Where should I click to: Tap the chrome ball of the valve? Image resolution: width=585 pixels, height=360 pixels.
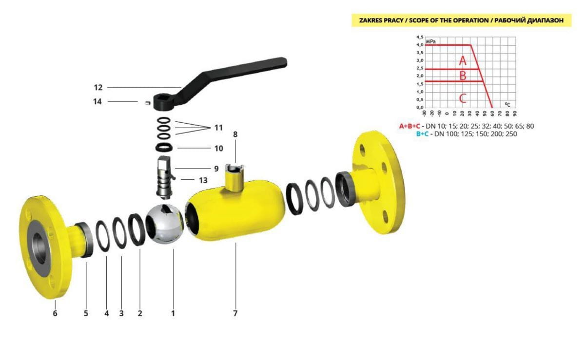click(x=165, y=224)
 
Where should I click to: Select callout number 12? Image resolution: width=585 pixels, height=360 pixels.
click(x=98, y=88)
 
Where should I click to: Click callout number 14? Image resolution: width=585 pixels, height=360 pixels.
click(x=97, y=101)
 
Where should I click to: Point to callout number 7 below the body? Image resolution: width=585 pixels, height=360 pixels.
click(x=235, y=313)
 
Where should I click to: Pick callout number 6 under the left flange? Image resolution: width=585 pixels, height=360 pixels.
click(x=55, y=313)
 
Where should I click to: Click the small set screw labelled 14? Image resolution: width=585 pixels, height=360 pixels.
click(x=148, y=103)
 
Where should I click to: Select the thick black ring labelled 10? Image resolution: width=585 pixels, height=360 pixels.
click(x=164, y=148)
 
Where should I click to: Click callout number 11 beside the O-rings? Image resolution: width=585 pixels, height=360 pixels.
click(x=218, y=128)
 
